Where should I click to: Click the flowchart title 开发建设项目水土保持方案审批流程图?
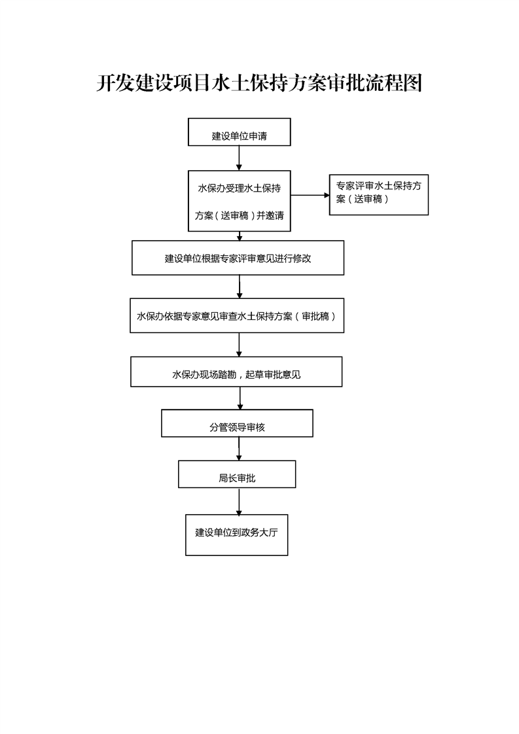259,83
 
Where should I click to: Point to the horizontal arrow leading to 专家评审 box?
310,195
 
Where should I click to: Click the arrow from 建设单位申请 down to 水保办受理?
239,158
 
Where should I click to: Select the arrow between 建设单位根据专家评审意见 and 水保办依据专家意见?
240,287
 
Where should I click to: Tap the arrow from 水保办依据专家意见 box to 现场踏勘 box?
239,345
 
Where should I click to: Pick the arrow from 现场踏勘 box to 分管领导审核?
240,398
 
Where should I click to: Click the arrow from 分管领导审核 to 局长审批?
239,449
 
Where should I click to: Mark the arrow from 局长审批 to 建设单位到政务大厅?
239,501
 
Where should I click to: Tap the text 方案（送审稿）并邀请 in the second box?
240,215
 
